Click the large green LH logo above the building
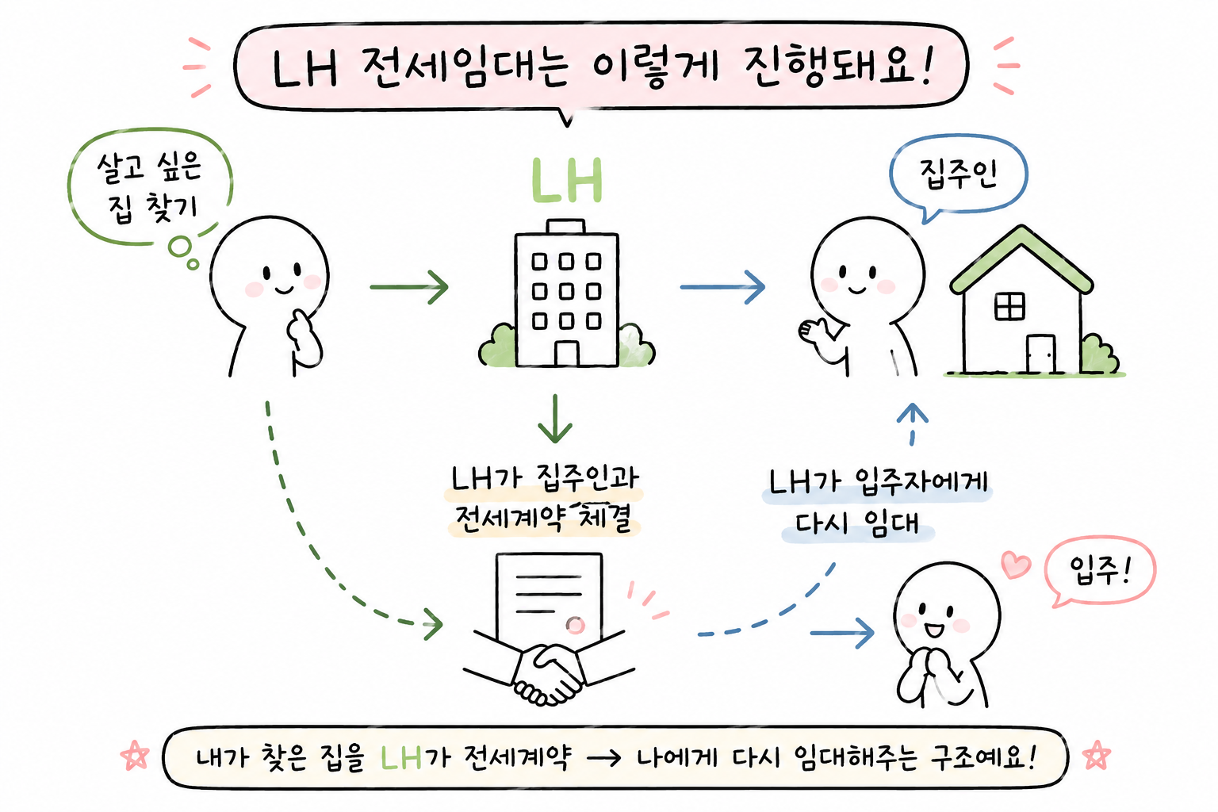[x=567, y=181]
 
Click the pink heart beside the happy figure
[x=1016, y=565]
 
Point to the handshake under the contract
[x=548, y=672]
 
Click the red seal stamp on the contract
[x=575, y=626]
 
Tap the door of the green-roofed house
[x=1040, y=354]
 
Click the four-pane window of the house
[x=1009, y=306]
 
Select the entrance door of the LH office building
[x=566, y=354]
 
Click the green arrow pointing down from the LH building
[x=555, y=418]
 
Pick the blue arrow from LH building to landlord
[x=722, y=286]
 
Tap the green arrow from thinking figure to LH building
[x=409, y=286]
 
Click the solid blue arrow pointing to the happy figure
[x=842, y=633]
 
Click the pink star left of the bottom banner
[x=135, y=756]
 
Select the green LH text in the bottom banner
[x=401, y=757]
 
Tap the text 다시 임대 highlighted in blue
[x=857, y=524]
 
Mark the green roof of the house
[x=1021, y=259]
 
